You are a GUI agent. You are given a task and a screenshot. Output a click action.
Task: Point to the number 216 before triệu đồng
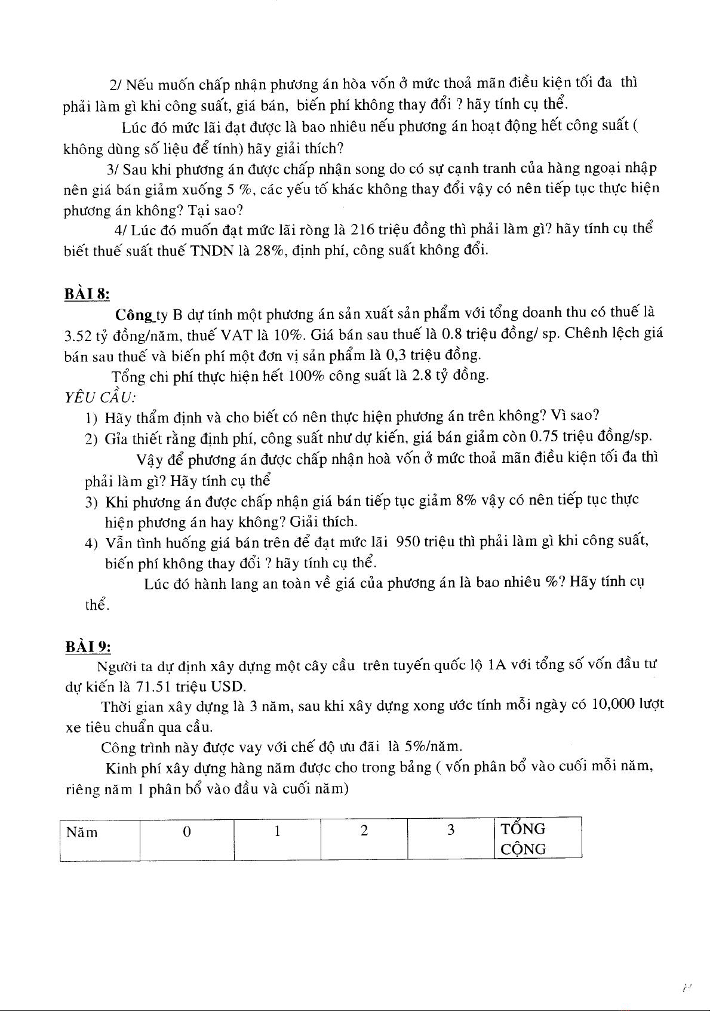click(x=363, y=229)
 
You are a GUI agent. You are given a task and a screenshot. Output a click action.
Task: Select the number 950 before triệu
click(x=408, y=542)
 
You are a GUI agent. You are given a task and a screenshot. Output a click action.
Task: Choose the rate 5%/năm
click(x=432, y=746)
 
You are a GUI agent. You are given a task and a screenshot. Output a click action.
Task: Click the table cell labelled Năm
click(x=100, y=838)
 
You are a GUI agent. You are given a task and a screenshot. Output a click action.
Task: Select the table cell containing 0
click(x=187, y=838)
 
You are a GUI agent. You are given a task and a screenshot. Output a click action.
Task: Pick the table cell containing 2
click(x=364, y=838)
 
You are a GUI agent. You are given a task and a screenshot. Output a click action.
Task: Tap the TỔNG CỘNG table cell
click(x=537, y=838)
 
